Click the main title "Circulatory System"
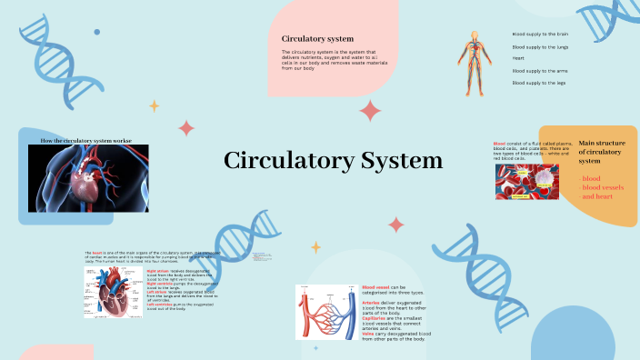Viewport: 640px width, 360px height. coord(333,162)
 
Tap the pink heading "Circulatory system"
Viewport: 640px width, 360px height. coord(317,38)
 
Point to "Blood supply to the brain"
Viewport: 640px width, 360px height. coord(540,34)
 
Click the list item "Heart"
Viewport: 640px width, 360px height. coord(518,58)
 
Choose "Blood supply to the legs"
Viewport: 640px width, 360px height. coord(539,83)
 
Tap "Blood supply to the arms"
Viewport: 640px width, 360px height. coord(540,70)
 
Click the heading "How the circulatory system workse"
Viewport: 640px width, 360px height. coord(87,141)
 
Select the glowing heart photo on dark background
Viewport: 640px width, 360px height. coord(88,179)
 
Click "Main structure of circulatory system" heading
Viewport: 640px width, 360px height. coord(602,152)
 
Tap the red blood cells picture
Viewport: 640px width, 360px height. coord(526,182)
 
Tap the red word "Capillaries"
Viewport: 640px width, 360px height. coord(376,318)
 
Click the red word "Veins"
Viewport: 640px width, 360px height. coord(368,334)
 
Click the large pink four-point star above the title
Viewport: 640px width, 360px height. coord(370,111)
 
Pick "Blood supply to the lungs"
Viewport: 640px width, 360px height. coord(540,46)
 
